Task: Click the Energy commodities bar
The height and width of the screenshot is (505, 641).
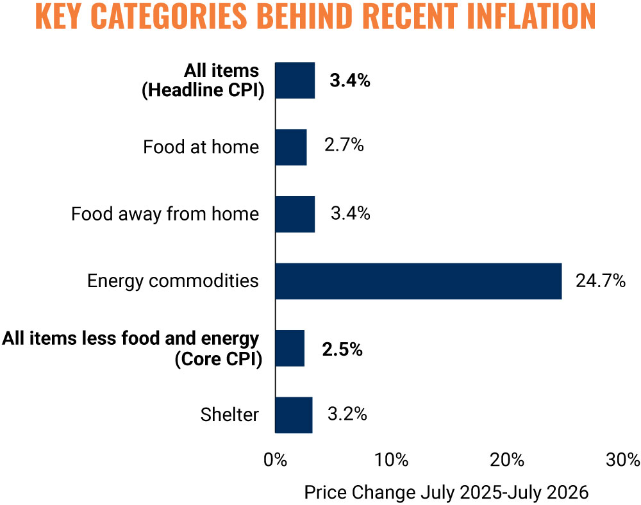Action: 418,281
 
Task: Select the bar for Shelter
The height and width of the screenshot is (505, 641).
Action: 294,415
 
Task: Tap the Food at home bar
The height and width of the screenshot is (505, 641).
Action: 291,147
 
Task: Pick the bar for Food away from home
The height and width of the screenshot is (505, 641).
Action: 295,215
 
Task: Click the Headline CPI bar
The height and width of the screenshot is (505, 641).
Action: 295,81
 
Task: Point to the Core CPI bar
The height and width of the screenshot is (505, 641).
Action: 290,348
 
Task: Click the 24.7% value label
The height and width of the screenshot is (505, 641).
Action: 601,281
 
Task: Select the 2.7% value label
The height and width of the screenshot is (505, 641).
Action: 344,145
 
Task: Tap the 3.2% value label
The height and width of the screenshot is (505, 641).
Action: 347,414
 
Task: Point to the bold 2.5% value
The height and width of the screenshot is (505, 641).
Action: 342,349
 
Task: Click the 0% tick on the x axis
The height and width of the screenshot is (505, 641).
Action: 275,460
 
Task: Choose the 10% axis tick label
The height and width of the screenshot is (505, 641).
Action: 391,460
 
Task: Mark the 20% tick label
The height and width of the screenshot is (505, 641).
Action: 507,460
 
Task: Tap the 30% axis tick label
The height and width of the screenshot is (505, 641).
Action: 623,460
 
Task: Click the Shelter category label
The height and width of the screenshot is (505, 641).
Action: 229,415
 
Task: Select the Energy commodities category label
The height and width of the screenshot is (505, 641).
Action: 173,281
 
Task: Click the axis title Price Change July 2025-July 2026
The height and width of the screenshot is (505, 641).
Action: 446,492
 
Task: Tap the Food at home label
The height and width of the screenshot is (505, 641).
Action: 201,147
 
